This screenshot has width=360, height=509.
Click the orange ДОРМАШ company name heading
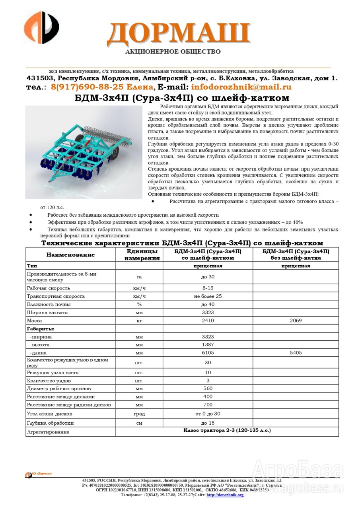point(178,33)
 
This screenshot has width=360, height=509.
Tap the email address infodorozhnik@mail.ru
point(241,87)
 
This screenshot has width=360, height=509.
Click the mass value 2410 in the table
point(208,321)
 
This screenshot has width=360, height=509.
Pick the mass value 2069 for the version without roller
point(296,321)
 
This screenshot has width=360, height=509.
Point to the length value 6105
point(208,353)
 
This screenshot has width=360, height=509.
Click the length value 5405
point(296,353)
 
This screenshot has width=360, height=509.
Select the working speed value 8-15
point(208,288)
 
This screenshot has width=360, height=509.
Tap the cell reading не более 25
point(208,296)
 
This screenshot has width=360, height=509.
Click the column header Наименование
point(71,255)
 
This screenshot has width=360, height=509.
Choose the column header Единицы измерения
point(139,255)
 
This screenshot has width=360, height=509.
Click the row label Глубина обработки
point(50,423)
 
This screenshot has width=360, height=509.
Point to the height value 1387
point(208,345)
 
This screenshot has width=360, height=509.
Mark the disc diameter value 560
point(208,389)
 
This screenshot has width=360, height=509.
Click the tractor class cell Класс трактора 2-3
point(227,431)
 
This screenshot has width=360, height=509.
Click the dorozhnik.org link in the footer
point(225,495)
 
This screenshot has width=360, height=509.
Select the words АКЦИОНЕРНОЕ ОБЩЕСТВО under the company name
point(173,52)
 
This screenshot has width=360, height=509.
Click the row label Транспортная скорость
point(55,296)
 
